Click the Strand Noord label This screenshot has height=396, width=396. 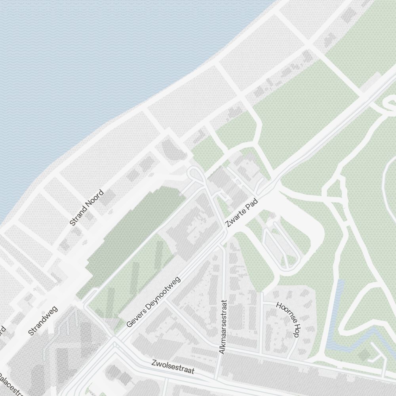(x=86, y=208)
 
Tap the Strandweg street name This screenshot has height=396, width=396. (x=43, y=321)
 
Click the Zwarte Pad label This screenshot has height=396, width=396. (x=241, y=213)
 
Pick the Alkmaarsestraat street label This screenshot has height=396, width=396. (x=223, y=326)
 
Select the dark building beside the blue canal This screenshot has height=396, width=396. (x=363, y=354)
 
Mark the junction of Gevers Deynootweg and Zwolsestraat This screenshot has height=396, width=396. (x=115, y=341)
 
